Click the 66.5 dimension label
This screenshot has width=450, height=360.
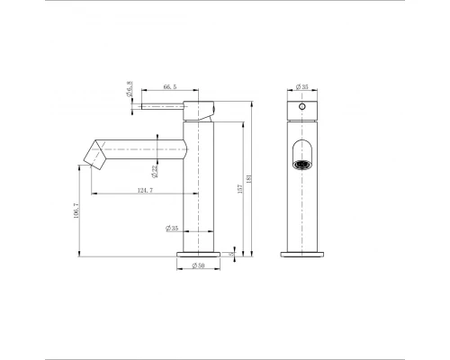point(168,87)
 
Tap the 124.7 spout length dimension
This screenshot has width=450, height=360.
point(143,190)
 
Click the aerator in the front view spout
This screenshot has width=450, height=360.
point(303,164)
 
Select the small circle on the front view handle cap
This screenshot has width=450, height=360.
point(303,106)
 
